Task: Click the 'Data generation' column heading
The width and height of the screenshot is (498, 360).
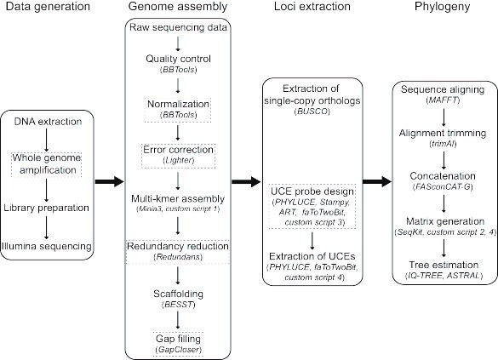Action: click(48, 7)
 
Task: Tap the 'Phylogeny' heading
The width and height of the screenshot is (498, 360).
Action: click(443, 7)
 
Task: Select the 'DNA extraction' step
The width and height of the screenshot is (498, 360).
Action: click(48, 122)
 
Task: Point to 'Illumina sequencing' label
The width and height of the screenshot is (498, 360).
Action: click(47, 246)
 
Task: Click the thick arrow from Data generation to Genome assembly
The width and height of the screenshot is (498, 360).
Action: click(109, 181)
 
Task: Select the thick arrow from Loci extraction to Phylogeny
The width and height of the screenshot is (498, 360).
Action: click(377, 181)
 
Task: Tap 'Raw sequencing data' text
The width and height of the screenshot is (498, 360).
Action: click(178, 27)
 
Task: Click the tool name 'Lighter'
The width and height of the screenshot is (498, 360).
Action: click(178, 160)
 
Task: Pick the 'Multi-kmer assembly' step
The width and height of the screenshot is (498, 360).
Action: click(178, 199)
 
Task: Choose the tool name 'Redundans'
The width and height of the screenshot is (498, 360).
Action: click(178, 256)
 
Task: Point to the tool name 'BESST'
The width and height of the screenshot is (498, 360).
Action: click(178, 305)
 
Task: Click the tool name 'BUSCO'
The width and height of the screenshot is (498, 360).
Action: click(312, 111)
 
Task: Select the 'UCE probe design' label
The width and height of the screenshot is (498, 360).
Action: click(312, 191)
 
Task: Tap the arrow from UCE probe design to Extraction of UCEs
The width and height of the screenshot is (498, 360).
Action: click(312, 241)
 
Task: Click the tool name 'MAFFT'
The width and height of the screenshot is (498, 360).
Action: click(443, 100)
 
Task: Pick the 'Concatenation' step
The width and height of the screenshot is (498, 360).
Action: click(443, 176)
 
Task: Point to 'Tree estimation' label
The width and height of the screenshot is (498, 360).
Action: click(444, 265)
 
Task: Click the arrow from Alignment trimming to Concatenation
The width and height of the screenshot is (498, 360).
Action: click(444, 160)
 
